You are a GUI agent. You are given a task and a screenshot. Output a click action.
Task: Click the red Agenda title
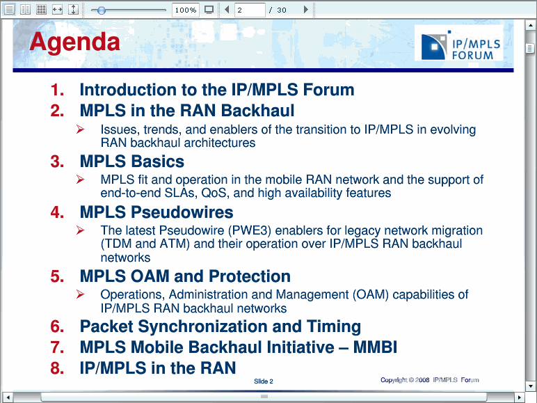(74, 42)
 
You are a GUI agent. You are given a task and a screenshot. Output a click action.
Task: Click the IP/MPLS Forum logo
(459, 43)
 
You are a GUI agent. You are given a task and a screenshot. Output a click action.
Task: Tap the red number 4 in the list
(57, 212)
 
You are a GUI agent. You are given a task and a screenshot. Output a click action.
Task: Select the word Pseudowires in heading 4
(182, 212)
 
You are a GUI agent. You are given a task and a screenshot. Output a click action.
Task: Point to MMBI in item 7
(375, 347)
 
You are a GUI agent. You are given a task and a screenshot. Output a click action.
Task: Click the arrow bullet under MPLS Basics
(81, 179)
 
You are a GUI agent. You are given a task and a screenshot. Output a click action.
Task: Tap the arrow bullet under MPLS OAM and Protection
(81, 294)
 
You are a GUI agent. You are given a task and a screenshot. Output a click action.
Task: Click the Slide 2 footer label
(264, 381)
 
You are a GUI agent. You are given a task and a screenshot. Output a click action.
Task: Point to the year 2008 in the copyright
(422, 380)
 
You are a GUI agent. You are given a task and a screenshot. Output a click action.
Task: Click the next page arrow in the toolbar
(306, 10)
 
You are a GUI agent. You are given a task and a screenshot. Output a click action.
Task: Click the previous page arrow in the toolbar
(227, 10)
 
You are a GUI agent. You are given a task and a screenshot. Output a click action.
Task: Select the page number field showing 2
(250, 10)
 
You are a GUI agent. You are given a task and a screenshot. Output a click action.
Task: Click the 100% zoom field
(185, 10)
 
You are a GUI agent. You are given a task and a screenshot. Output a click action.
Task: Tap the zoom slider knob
(101, 10)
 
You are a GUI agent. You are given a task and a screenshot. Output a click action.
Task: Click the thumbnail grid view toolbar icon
(42, 10)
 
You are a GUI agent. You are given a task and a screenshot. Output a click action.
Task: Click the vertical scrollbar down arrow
(530, 386)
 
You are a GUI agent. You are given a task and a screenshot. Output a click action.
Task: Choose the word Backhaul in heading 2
(257, 111)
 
